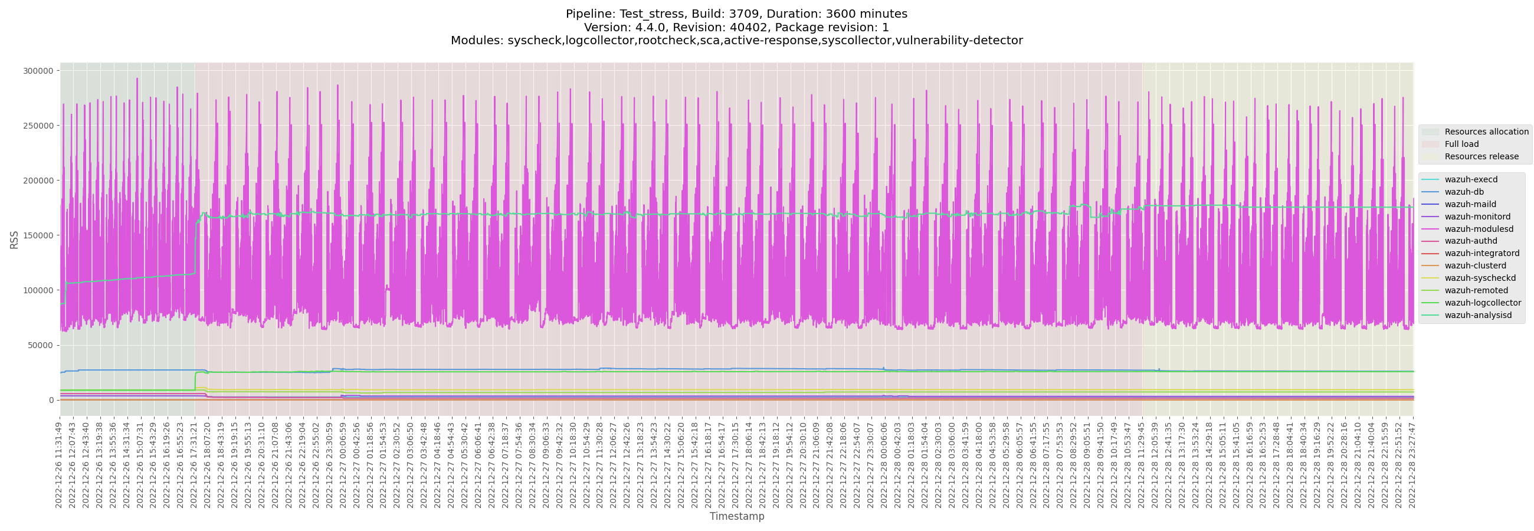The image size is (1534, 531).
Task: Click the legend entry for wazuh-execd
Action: pyautogui.click(x=1470, y=179)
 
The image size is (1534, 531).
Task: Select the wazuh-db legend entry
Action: pyautogui.click(x=1464, y=192)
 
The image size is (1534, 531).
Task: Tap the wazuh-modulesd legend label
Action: pyautogui.click(x=1477, y=228)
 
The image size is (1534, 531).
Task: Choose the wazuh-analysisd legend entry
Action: pyautogui.click(x=1477, y=315)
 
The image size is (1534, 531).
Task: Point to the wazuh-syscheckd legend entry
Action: pyautogui.click(x=1480, y=278)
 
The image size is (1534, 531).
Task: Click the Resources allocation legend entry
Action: pyautogui.click(x=1486, y=132)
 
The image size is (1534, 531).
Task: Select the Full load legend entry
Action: pyautogui.click(x=1461, y=144)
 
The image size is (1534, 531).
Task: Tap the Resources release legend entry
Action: pyautogui.click(x=1481, y=156)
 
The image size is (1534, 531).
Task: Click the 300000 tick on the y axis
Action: pyautogui.click(x=38, y=71)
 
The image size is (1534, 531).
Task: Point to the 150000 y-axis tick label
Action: pyautogui.click(x=38, y=235)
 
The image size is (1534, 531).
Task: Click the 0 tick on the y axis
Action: pyautogui.click(x=51, y=400)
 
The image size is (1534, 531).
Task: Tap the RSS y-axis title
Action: pyautogui.click(x=14, y=240)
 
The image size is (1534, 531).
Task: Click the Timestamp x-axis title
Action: pyautogui.click(x=737, y=516)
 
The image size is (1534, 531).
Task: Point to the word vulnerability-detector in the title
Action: pyautogui.click(x=963, y=41)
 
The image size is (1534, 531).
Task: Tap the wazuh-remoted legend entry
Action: pyautogui.click(x=1476, y=290)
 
